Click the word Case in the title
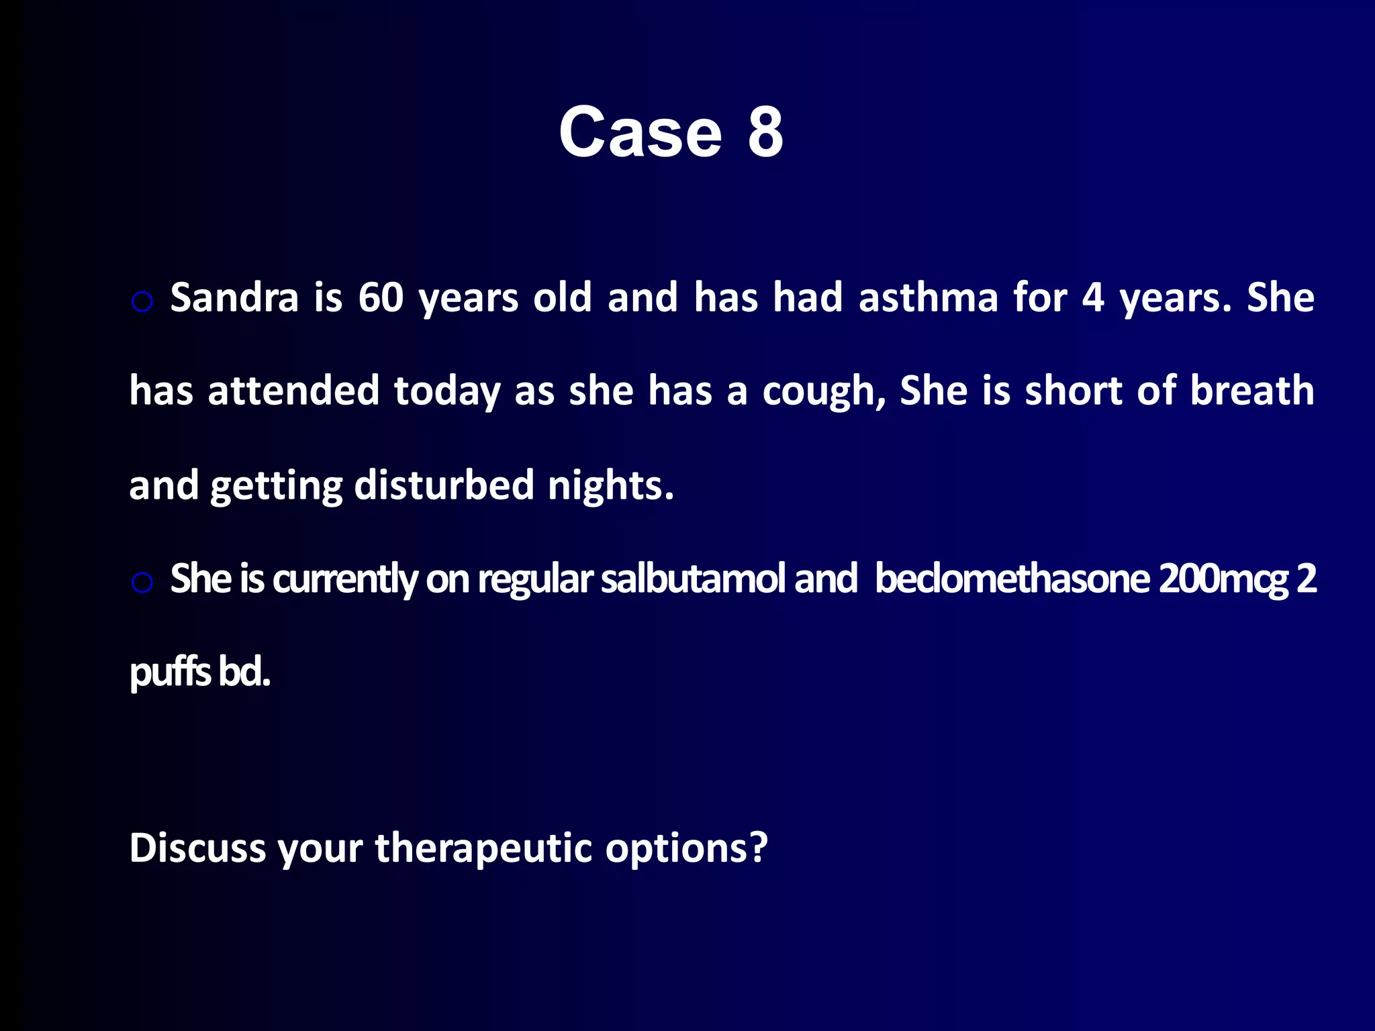[x=640, y=133]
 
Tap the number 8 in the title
[x=765, y=133]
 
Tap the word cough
[x=823, y=391]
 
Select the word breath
[x=1251, y=391]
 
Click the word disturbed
[x=443, y=485]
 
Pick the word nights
[x=610, y=485]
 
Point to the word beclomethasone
[x=1011, y=579]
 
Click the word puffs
[x=170, y=673]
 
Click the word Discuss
[x=197, y=848]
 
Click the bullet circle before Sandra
[x=142, y=302]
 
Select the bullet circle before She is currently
[x=142, y=583]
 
